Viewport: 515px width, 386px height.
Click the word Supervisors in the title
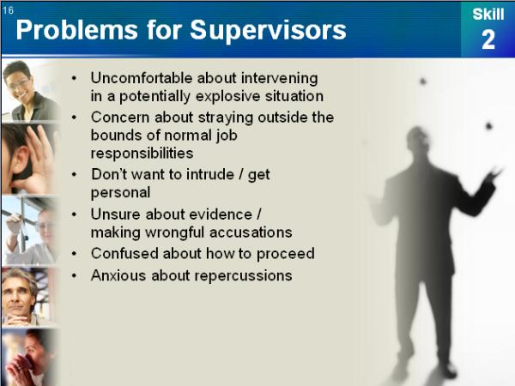[x=268, y=31]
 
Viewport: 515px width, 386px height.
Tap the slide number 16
[x=9, y=10]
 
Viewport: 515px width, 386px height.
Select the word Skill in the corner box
[x=488, y=14]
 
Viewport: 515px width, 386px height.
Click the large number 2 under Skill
[x=488, y=39]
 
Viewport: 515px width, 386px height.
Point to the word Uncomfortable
[x=142, y=78]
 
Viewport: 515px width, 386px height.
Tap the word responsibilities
[x=142, y=154]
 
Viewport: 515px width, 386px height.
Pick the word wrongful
[x=175, y=232]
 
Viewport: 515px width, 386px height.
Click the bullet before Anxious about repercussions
[x=74, y=275]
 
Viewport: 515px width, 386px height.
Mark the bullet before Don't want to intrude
[x=74, y=174]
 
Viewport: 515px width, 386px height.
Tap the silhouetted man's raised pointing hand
[x=494, y=174]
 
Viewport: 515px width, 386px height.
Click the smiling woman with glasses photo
[x=29, y=91]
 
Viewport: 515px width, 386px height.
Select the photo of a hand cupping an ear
[x=29, y=160]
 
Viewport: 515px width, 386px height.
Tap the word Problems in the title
[x=76, y=31]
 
